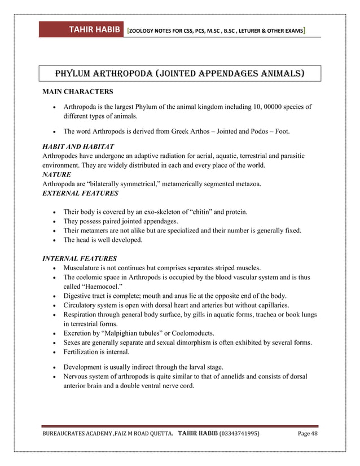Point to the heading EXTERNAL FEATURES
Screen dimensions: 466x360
click(x=80, y=193)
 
